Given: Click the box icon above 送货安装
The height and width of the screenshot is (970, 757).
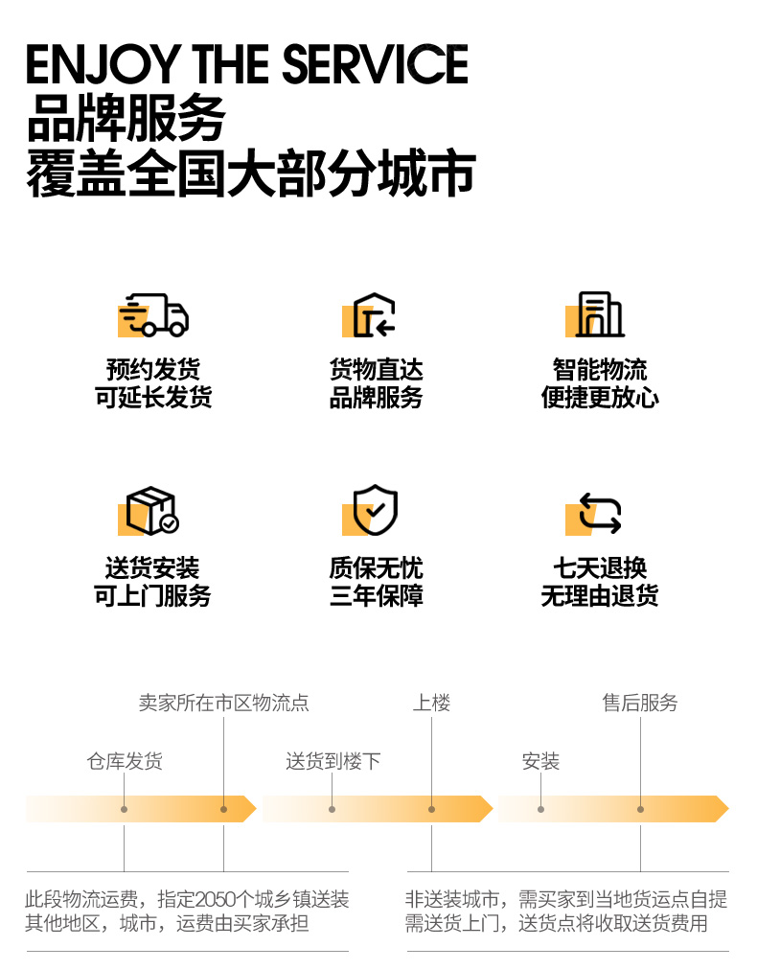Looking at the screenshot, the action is (x=152, y=511).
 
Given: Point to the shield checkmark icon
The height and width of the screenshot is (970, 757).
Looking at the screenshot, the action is (x=375, y=511).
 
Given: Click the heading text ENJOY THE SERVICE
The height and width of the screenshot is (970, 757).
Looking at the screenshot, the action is (x=247, y=64).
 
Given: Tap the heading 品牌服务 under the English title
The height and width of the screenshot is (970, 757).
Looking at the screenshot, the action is (x=126, y=119).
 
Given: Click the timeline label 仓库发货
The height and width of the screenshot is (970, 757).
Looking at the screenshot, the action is (x=125, y=761).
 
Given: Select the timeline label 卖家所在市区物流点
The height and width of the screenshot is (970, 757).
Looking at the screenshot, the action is (x=224, y=704).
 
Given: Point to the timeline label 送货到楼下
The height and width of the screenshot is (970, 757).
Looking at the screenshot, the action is (x=333, y=761).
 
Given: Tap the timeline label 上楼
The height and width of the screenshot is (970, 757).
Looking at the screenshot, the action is (x=431, y=704).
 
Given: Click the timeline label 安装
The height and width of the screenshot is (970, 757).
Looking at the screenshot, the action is (x=540, y=761).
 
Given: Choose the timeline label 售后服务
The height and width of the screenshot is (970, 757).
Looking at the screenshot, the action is (x=640, y=704).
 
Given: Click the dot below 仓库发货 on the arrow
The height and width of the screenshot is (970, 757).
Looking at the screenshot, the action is (x=125, y=809).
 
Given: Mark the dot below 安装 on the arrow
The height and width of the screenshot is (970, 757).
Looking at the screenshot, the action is (x=540, y=809).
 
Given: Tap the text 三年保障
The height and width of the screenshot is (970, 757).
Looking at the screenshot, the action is (x=376, y=595).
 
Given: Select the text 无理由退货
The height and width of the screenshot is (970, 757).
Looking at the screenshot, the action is (x=600, y=595).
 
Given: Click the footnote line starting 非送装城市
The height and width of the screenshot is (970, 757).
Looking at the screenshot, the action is (x=565, y=900).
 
